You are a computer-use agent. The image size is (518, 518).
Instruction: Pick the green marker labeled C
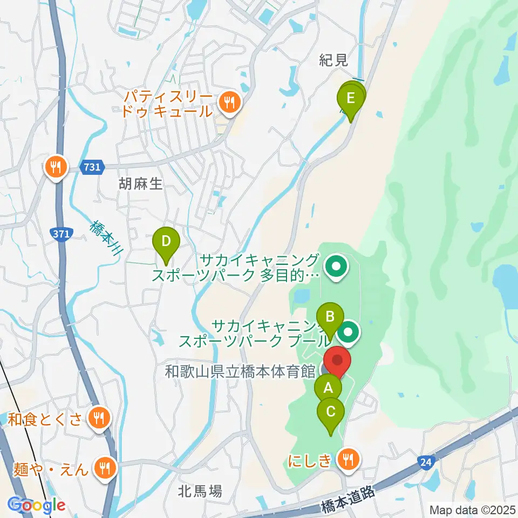pyautogui.click(x=331, y=412)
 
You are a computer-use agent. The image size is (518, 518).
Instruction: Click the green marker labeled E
pyautogui.click(x=350, y=99)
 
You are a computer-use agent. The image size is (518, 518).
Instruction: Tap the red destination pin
pyautogui.click(x=337, y=360)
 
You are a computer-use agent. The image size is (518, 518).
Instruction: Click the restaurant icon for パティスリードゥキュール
pyautogui.click(x=229, y=100)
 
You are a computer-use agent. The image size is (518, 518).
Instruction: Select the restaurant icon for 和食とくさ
pyautogui.click(x=98, y=417)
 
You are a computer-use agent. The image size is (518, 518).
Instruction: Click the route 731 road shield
pyautogui.click(x=92, y=168)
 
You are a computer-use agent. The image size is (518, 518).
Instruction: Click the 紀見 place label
pyautogui.click(x=333, y=61)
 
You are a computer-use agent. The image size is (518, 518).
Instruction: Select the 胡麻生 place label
pyautogui.click(x=140, y=185)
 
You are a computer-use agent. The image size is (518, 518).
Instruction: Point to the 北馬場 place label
pyautogui.click(x=200, y=491)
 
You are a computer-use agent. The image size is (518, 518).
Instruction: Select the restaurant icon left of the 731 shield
pyautogui.click(x=56, y=167)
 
